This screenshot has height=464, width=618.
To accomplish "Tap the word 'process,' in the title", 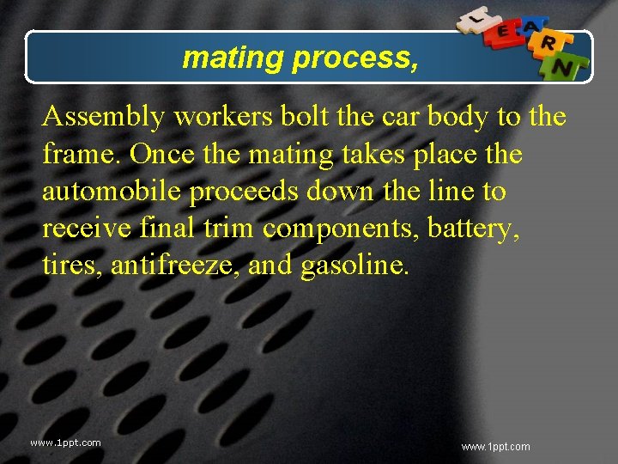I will click(x=356, y=58).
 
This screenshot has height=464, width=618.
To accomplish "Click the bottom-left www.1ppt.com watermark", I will click(x=65, y=443).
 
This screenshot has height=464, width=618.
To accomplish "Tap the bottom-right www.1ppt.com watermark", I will click(x=495, y=447).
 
